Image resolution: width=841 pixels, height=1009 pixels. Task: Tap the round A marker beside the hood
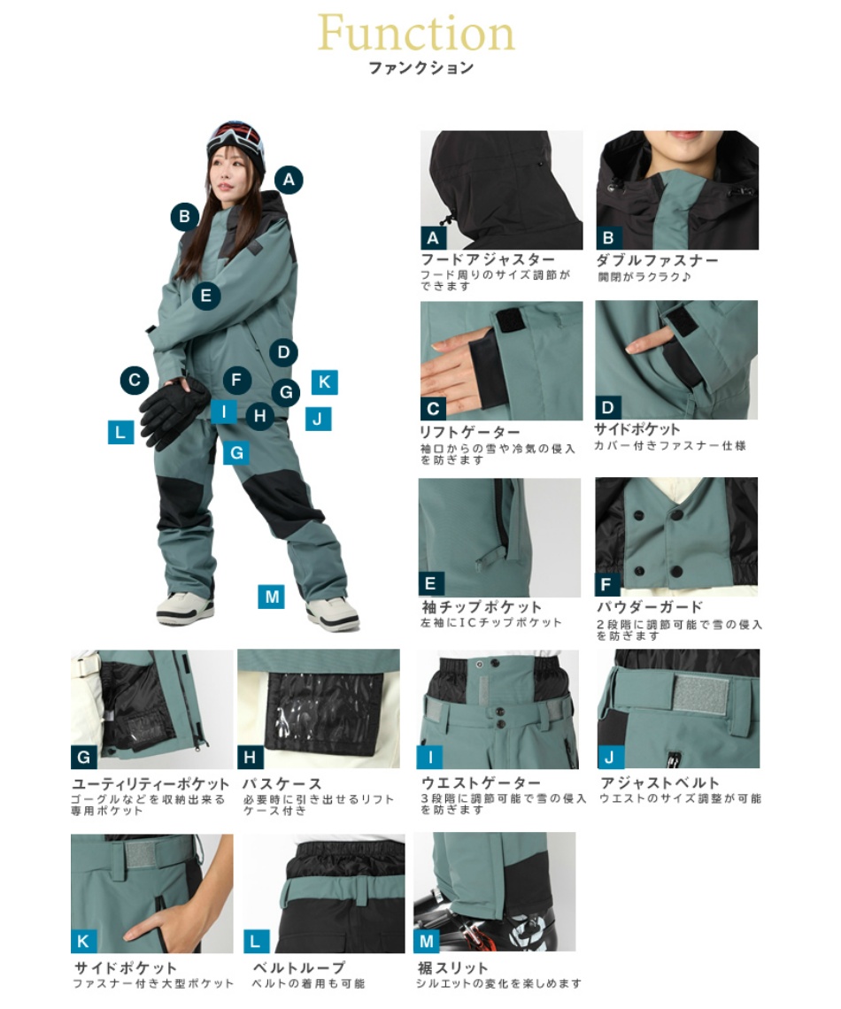click(287, 180)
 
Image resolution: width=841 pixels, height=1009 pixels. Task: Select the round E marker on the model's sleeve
click(205, 295)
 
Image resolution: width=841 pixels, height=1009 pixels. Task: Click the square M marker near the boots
click(272, 597)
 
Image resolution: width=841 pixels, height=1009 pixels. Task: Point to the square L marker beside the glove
click(120, 432)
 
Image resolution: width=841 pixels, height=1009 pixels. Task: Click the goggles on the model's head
click(235, 137)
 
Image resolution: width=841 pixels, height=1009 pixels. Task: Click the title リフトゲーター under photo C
click(469, 432)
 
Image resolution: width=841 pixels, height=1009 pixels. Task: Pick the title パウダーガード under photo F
click(650, 607)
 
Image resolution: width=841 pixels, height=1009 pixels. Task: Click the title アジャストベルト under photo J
click(660, 782)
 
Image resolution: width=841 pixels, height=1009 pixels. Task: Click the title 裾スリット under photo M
click(452, 967)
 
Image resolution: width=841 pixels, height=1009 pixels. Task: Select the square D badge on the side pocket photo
click(607, 408)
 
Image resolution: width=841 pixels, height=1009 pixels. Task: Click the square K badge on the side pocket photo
click(84, 941)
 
